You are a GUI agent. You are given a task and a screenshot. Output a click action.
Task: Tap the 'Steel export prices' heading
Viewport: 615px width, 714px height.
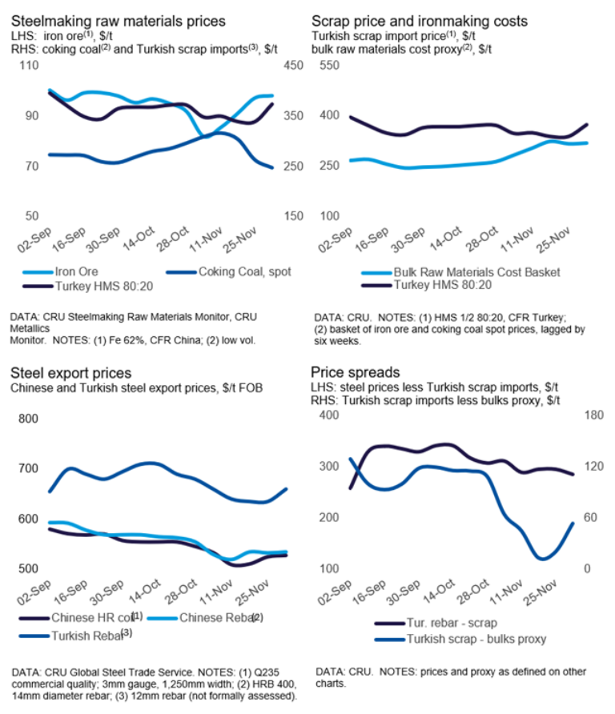[x=70, y=373]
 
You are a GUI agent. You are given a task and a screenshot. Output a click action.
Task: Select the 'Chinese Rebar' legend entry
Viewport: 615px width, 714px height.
[x=215, y=617]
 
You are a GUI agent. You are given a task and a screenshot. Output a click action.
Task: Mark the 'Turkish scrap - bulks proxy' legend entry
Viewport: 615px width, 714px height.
[x=468, y=638]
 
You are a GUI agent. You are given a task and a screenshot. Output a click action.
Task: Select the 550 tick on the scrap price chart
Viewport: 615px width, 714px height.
[x=331, y=64]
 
